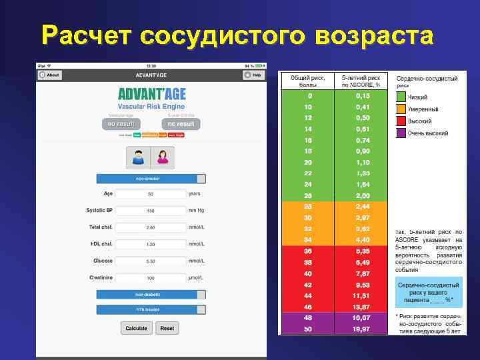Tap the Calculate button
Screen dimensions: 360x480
point(136,328)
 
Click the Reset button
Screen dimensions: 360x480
point(167,328)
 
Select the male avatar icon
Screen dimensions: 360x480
point(139,157)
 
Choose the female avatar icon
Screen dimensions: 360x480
point(162,157)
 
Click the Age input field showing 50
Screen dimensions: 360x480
point(151,194)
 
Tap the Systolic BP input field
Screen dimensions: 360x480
point(151,211)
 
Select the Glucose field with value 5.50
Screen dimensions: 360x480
point(151,261)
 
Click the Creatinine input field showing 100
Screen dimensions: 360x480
point(151,277)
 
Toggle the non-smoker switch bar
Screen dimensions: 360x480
point(151,179)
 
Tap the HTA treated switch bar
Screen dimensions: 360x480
point(151,309)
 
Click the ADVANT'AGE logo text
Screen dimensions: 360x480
point(151,94)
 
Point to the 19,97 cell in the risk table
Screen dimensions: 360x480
point(361,329)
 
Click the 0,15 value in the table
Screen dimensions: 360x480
point(361,96)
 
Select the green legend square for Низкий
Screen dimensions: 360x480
point(401,97)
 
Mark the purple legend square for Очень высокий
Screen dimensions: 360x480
point(401,133)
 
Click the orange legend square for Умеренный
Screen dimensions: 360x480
point(401,109)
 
